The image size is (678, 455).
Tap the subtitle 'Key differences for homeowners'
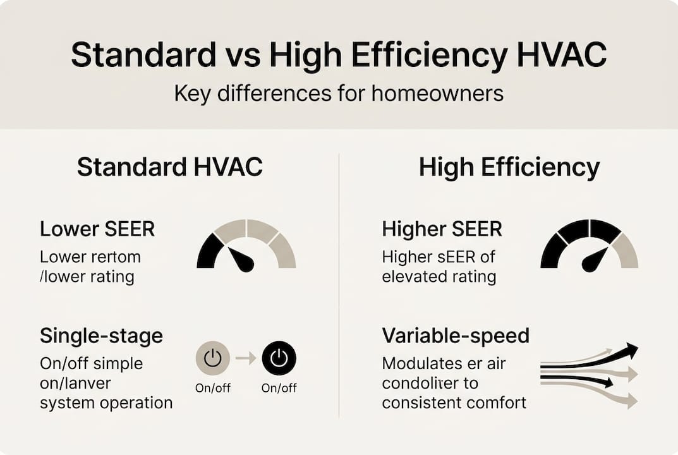tap(339, 94)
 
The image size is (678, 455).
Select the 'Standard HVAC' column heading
tap(169, 167)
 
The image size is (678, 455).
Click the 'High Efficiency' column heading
tap(509, 167)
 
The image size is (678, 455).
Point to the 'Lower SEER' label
tap(97, 229)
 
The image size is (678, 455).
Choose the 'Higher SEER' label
tap(442, 229)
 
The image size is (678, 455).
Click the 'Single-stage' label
tap(101, 336)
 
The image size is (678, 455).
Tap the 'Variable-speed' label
tap(456, 336)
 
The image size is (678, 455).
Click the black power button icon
tap(279, 358)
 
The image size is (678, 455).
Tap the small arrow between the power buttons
tap(245, 358)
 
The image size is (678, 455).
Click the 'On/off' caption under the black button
tap(279, 388)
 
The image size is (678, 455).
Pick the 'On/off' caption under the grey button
tap(212, 388)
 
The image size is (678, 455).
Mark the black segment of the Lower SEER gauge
tap(209, 252)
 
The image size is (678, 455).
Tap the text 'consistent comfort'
tap(454, 403)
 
